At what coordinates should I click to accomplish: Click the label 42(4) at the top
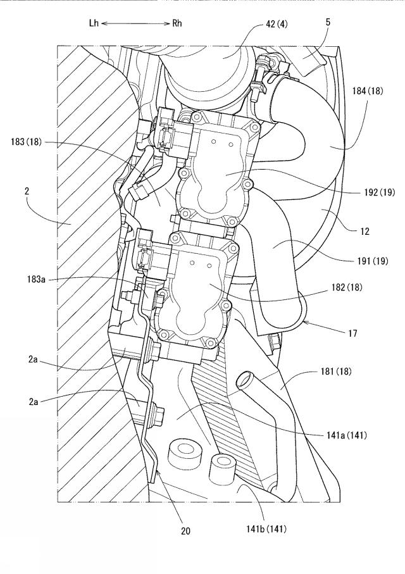[277, 25]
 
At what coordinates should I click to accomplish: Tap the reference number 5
[328, 22]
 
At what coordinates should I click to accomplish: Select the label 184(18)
[367, 90]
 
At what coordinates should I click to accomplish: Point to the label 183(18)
[27, 142]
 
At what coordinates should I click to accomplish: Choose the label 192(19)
[379, 192]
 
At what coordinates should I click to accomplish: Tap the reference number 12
[364, 231]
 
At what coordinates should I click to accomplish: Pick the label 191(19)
[372, 261]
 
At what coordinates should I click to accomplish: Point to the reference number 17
[352, 333]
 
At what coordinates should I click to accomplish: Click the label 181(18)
[335, 371]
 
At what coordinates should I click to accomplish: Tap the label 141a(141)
[346, 435]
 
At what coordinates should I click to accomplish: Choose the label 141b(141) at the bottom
[266, 528]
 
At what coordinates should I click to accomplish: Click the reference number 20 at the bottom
[185, 531]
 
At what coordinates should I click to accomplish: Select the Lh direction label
[94, 23]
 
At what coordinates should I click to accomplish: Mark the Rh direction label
[177, 23]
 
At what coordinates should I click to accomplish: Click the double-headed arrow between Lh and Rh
[135, 23]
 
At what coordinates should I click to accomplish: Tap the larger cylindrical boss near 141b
[185, 456]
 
